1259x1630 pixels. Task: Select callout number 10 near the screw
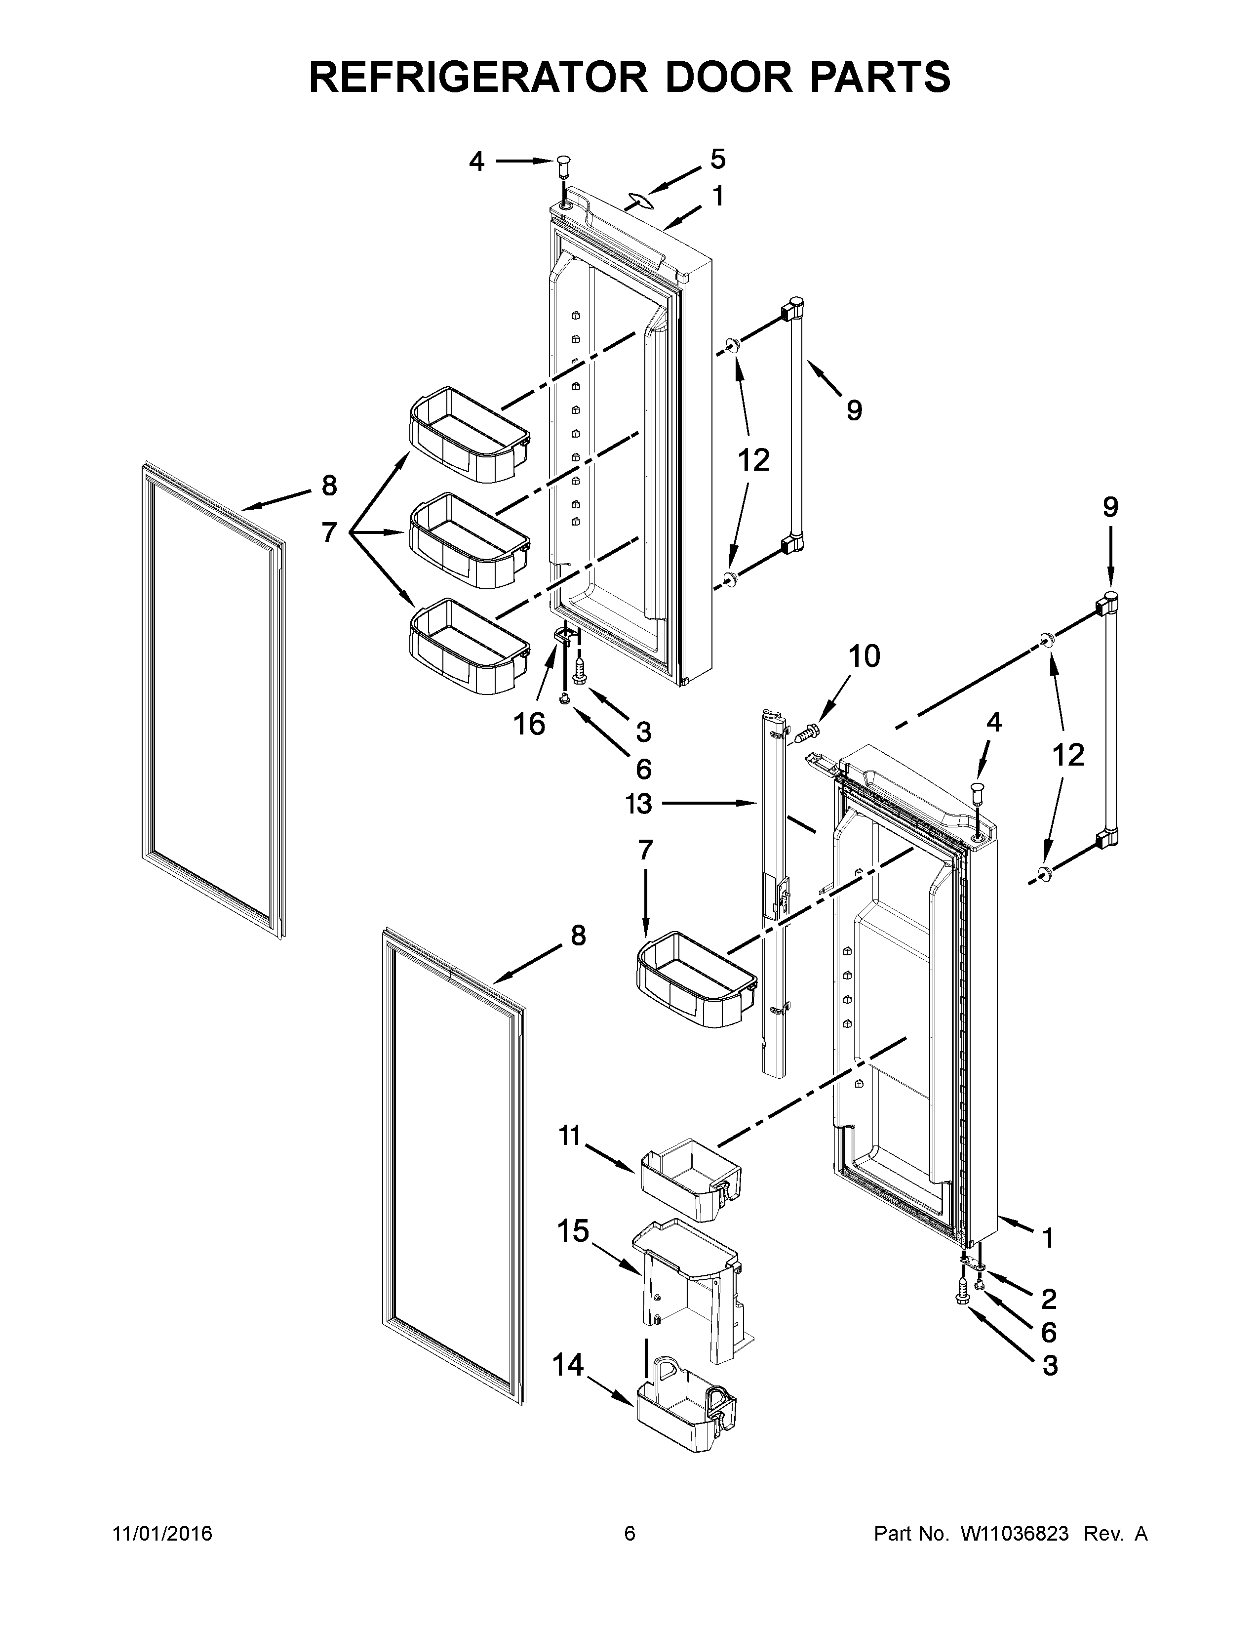tap(864, 656)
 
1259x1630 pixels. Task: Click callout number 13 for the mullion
tap(639, 804)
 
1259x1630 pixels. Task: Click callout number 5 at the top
tap(717, 159)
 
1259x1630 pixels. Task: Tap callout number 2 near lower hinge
tap(1049, 1299)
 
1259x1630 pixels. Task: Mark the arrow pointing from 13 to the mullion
tap(708, 803)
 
